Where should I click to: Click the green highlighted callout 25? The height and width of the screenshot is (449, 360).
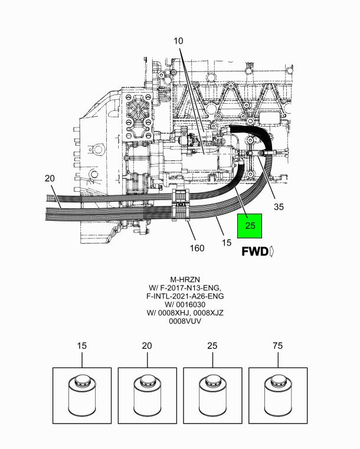(250, 225)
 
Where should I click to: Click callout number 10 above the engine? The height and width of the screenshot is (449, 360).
(178, 41)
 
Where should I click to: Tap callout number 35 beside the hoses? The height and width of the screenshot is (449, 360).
(279, 207)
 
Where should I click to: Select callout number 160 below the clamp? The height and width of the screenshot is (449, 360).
(197, 248)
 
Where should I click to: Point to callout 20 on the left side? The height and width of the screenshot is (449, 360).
(50, 178)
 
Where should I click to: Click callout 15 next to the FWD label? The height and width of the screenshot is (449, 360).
(226, 243)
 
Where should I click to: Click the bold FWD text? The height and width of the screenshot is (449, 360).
(255, 252)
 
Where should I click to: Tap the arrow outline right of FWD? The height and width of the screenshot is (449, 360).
(272, 252)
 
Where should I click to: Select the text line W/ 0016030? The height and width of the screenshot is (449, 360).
(185, 304)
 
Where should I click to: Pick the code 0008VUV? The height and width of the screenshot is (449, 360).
(185, 321)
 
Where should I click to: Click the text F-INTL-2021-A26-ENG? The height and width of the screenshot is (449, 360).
(185, 296)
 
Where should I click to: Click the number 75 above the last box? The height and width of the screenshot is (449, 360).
(278, 346)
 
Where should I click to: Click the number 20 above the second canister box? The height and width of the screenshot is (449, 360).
(147, 346)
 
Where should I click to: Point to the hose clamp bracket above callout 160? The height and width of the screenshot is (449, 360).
(181, 205)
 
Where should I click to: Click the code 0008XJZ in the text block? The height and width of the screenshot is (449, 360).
(208, 313)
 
